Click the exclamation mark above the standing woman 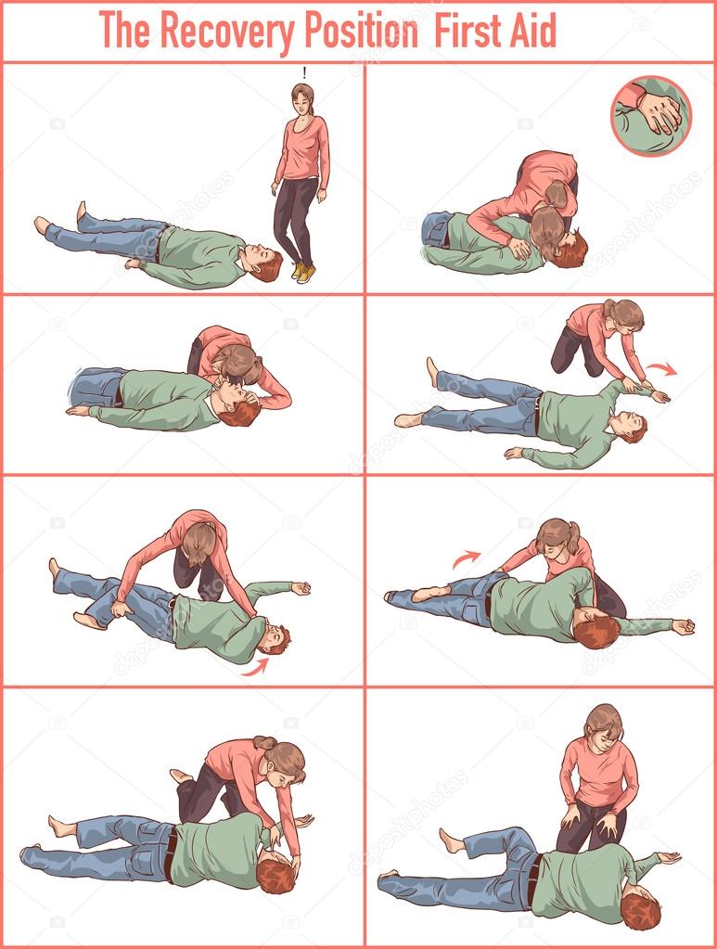pos(304,73)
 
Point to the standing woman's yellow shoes pos(303,272)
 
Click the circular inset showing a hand pos(651,116)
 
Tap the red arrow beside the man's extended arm pos(661,368)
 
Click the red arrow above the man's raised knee pos(467,558)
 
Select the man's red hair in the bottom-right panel pos(640,914)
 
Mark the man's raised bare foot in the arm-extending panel pos(432,371)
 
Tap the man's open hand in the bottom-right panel pos(668,857)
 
